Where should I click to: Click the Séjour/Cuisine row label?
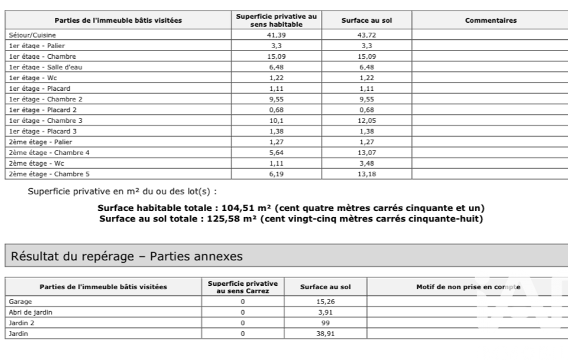tap(26, 34)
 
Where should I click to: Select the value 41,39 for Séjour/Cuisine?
tap(275, 34)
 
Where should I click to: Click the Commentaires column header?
tap(490, 20)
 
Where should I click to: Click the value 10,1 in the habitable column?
tap(275, 120)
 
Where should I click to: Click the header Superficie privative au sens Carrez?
tap(242, 286)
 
